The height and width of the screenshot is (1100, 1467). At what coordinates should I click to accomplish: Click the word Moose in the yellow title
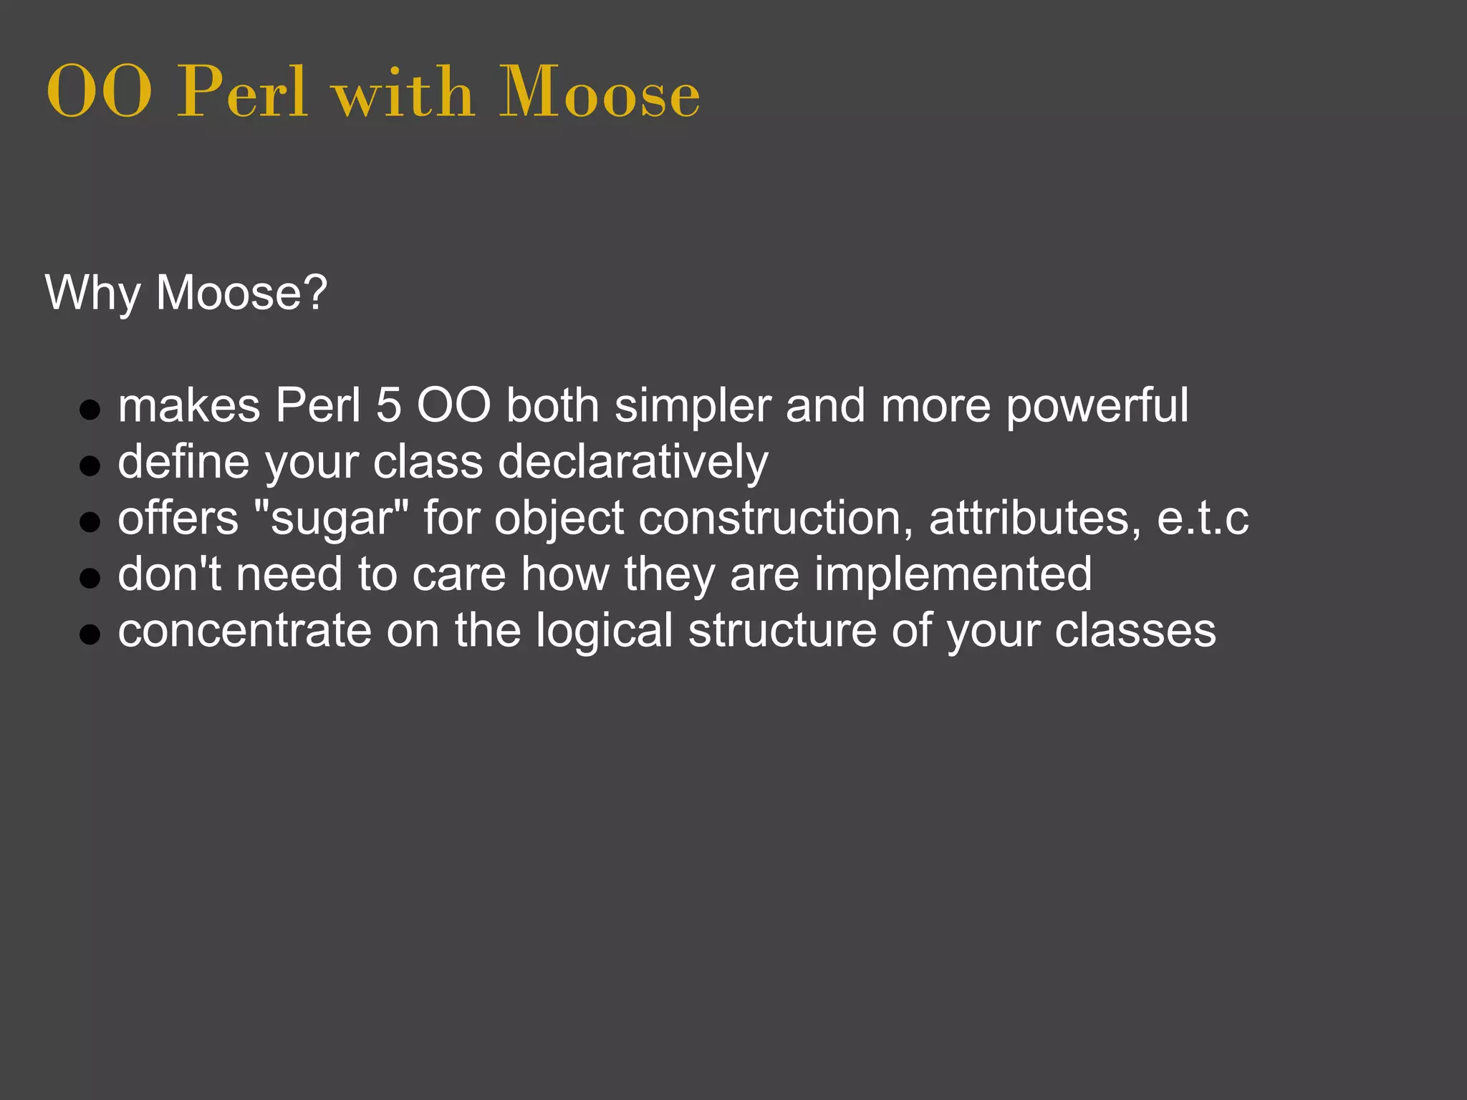point(599,92)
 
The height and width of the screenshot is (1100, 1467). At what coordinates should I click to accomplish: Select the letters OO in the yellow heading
point(99,92)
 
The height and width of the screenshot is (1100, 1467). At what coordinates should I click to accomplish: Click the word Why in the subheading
point(92,293)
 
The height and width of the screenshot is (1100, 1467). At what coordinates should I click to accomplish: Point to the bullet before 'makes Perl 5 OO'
point(90,410)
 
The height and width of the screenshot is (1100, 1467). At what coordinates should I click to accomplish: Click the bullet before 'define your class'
point(90,466)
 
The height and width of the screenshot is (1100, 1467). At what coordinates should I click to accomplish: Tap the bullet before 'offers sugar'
point(90,522)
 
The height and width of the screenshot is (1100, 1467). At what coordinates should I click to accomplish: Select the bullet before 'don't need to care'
point(90,578)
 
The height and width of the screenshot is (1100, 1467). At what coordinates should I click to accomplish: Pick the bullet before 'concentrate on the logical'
point(90,634)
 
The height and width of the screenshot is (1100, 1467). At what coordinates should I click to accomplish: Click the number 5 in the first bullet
point(388,406)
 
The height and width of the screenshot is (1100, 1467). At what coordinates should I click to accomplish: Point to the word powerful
point(1097,406)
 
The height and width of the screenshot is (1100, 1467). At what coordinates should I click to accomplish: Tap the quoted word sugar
point(332,518)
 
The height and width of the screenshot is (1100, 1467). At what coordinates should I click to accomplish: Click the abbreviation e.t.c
point(1203,518)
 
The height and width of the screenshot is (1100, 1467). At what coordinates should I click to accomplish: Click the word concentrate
point(244,630)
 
